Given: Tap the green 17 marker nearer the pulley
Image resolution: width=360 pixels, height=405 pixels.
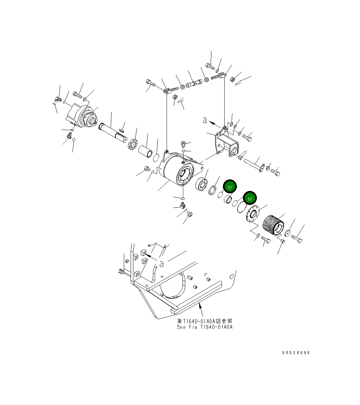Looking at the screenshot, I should click(x=250, y=199).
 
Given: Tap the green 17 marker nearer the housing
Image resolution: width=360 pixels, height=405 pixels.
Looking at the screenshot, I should click(x=230, y=187).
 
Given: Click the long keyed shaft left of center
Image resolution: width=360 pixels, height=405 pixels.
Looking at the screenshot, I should click(x=113, y=132).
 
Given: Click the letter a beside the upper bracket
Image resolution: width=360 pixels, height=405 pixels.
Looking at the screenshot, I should click(x=205, y=120).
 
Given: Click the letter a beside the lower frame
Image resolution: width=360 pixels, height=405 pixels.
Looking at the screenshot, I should click(x=162, y=263).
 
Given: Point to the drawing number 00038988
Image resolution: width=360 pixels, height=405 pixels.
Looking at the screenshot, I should click(x=296, y=352).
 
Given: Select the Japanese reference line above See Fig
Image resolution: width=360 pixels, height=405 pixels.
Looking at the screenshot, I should click(x=205, y=321).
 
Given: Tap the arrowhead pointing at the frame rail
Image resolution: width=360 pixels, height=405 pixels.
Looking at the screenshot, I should click(x=200, y=306).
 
